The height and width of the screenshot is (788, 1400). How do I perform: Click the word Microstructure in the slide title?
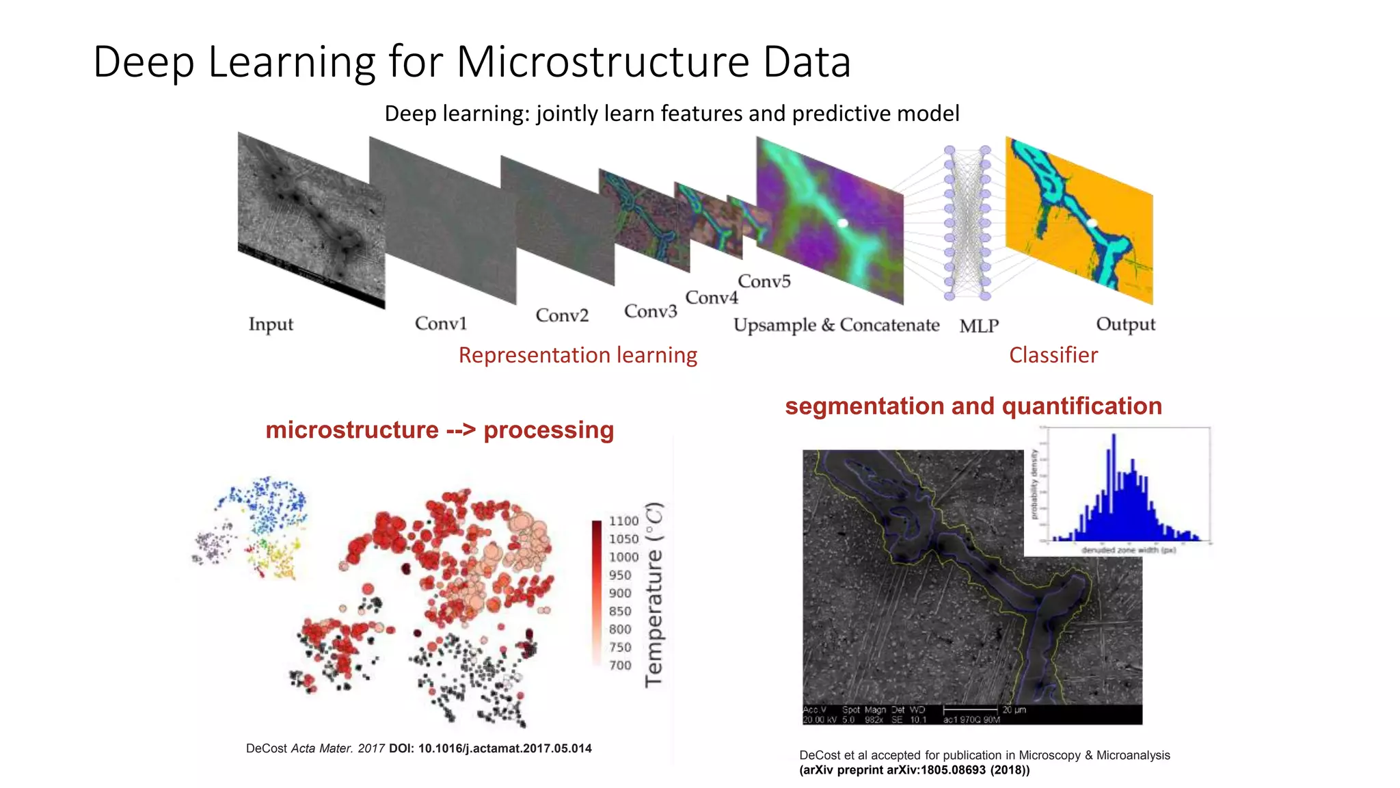point(604,62)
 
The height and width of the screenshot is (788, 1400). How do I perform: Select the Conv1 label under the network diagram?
point(441,323)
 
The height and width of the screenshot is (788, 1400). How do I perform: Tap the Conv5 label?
point(764,281)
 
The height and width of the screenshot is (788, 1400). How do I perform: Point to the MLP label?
point(979,326)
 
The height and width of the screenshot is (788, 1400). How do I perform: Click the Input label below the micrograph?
point(271,324)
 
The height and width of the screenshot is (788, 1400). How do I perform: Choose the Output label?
point(1125,324)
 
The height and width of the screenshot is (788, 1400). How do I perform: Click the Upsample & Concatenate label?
point(836,325)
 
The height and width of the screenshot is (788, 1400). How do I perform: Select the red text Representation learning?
point(578,355)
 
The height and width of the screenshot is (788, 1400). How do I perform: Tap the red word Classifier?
point(1053,355)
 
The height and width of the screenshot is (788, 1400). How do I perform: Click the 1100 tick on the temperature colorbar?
point(623,521)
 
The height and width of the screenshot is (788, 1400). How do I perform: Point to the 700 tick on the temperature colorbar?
point(620,665)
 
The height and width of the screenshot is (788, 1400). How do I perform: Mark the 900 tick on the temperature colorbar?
point(620,593)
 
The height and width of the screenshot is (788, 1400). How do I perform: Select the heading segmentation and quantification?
point(973,406)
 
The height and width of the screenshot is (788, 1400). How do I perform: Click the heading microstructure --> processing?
point(440,430)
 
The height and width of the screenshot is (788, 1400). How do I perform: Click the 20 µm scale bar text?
point(1014,709)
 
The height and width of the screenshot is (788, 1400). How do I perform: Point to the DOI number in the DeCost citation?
point(504,748)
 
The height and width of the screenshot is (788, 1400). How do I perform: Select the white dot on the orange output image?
point(1092,223)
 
